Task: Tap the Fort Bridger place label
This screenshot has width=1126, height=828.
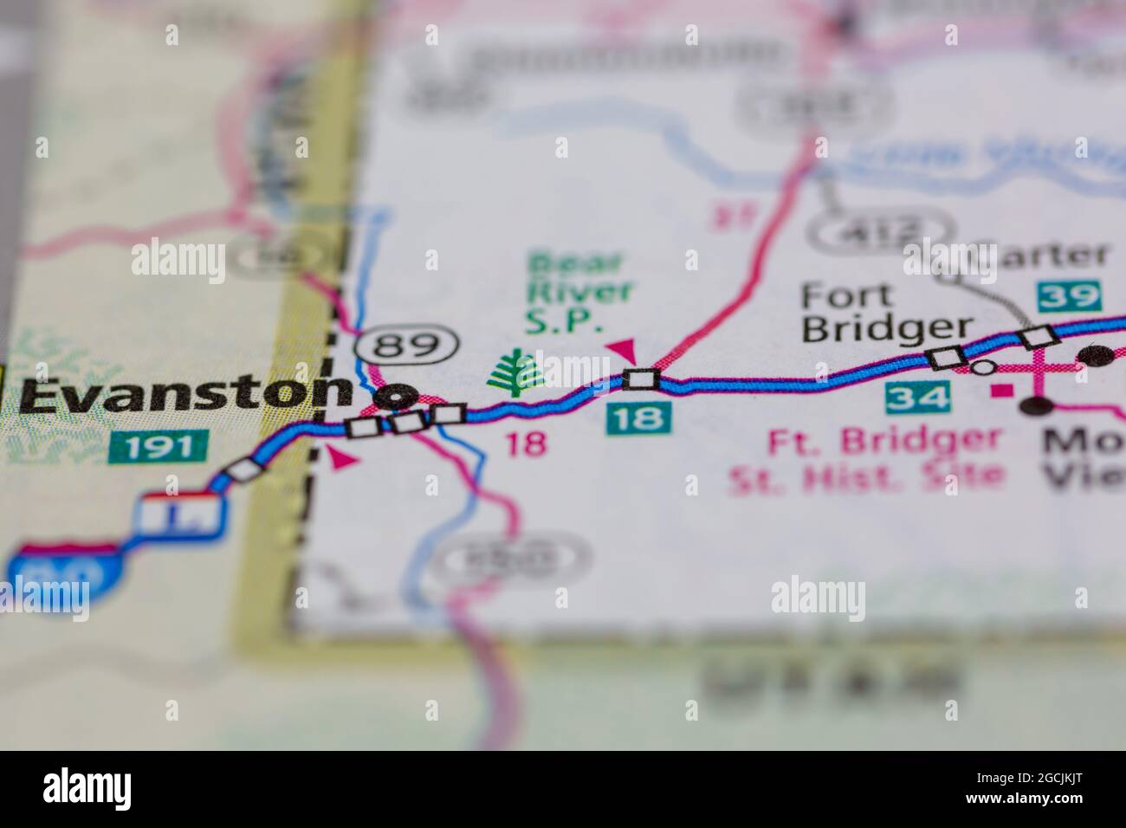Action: (x=884, y=311)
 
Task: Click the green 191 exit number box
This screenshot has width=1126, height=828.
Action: (x=159, y=447)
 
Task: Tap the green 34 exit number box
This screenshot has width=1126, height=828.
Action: (x=917, y=398)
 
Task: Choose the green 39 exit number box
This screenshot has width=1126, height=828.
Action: (x=1070, y=295)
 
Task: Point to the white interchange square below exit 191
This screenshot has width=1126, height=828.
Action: (x=244, y=469)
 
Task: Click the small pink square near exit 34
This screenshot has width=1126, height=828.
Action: (x=1002, y=391)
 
